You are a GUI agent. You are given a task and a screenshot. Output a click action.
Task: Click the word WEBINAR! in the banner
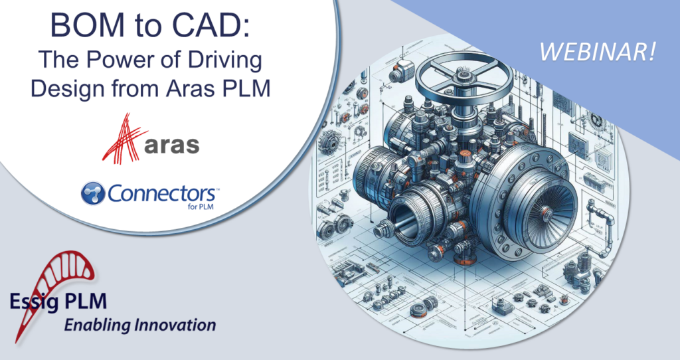click(x=598, y=52)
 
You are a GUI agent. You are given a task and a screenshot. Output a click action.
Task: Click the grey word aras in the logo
click(x=172, y=145)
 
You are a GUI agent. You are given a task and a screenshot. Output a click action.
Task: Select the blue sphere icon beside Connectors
click(x=93, y=193)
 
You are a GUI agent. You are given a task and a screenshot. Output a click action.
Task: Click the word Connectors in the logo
click(x=161, y=193)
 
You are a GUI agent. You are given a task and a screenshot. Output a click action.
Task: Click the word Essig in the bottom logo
click(x=33, y=302)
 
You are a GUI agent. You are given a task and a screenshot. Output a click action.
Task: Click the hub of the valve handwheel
click(x=462, y=78)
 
